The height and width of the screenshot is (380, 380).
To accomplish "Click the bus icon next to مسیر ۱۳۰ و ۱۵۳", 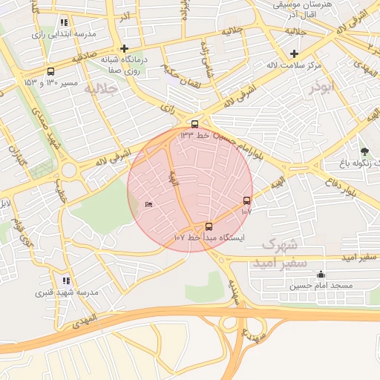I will click(50, 72).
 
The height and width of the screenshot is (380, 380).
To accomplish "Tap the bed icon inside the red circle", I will click(148, 204).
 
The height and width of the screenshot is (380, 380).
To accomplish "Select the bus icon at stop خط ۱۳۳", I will click(194, 124).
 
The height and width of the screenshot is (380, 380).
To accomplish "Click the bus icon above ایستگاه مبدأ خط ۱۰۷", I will click(208, 226).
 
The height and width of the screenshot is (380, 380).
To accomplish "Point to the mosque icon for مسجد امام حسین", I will click(320, 274).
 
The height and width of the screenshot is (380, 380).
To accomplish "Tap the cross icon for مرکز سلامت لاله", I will click(295, 53).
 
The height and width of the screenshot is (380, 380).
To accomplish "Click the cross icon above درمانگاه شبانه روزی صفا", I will click(125, 49).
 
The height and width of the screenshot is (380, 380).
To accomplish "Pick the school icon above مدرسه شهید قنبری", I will click(66, 281).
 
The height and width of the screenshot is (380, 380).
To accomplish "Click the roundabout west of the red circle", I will click(70, 169).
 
